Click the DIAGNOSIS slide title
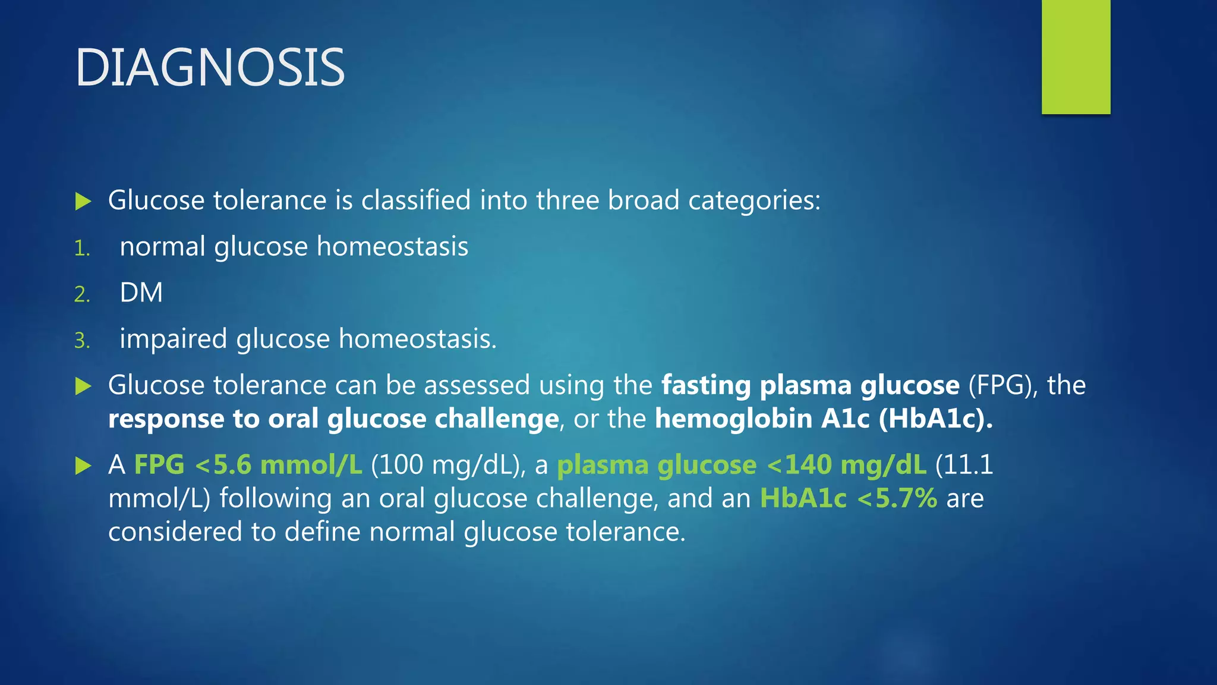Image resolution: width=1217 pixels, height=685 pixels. point(210,68)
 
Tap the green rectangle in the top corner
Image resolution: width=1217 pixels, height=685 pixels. point(1076,56)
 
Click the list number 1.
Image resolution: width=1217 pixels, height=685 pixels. point(81,249)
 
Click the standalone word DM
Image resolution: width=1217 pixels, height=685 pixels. point(141,293)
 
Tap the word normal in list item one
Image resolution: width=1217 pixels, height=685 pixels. point(162,246)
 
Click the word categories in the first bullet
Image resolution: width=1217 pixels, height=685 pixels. point(753,201)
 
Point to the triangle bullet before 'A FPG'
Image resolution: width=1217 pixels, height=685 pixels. point(83,466)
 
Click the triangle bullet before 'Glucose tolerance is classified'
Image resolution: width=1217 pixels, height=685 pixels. point(83,201)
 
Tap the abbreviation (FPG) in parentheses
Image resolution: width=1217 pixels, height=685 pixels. point(1003,385)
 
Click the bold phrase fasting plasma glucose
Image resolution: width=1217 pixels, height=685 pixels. point(811,385)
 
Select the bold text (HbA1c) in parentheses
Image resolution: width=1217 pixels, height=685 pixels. point(935,419)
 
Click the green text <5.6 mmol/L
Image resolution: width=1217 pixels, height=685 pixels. point(278,465)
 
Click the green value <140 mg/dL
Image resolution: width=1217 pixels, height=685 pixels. point(846,465)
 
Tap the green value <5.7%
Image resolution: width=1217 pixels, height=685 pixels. point(897,498)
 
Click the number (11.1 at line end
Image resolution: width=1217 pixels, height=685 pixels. point(964,465)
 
